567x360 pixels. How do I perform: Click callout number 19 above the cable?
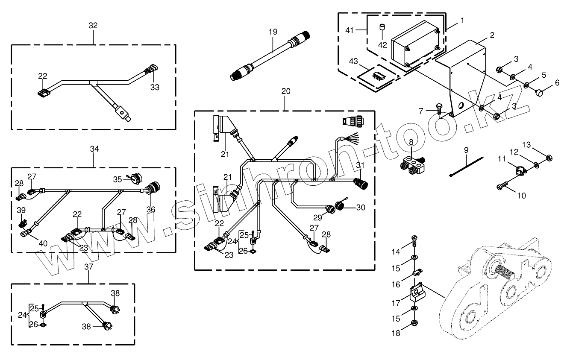tap(273, 32)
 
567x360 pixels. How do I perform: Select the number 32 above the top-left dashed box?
tap(93, 25)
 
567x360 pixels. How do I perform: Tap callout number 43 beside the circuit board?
tap(354, 61)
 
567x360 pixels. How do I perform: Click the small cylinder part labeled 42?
tap(382, 27)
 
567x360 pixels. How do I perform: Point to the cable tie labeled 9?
tap(467, 167)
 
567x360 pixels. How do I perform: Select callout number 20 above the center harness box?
tap(286, 91)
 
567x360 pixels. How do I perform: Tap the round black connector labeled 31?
tap(361, 184)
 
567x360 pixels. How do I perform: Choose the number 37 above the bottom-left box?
tap(88, 266)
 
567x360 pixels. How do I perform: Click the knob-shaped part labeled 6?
tap(539, 94)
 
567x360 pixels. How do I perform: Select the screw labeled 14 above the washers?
tap(414, 241)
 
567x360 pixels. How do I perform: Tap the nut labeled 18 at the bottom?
tap(414, 323)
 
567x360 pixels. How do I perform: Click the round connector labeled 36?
tap(152, 189)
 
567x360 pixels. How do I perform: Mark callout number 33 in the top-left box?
tap(155, 87)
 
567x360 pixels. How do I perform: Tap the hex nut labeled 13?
tap(549, 158)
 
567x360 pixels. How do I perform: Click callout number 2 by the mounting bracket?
tap(492, 35)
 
